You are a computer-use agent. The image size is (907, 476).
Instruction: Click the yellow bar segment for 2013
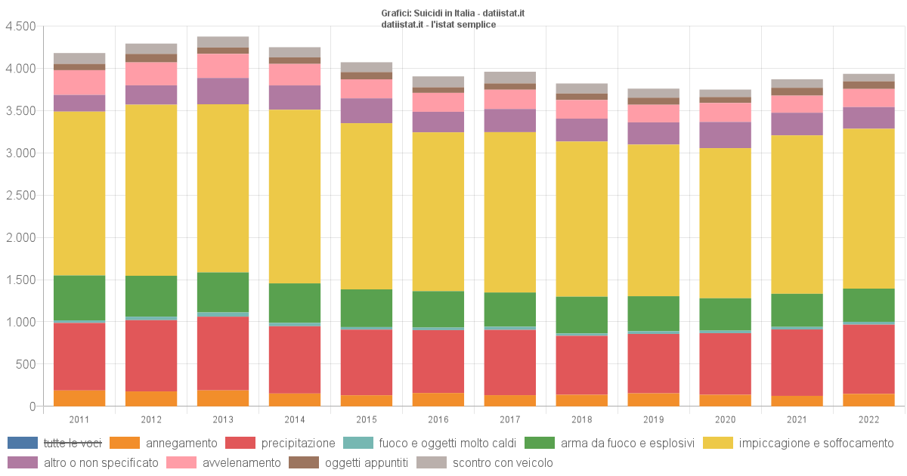click(223, 187)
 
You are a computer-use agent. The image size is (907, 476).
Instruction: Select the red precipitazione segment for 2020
click(725, 363)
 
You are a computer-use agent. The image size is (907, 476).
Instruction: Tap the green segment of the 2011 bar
click(79, 298)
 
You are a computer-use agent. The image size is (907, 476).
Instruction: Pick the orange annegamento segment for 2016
click(438, 400)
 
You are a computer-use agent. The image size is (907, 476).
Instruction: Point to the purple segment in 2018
click(581, 130)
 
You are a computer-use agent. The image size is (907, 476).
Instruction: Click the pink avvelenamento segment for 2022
click(868, 98)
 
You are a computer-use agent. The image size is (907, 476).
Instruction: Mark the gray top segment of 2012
click(151, 49)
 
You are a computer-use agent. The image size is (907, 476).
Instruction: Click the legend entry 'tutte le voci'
click(72, 443)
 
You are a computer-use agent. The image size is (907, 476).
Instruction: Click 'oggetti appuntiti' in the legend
click(366, 462)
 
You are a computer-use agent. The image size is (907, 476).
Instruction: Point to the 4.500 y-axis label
click(20, 26)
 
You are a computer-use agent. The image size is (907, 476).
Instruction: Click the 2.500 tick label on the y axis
click(20, 196)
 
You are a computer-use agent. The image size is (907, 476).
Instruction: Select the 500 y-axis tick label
click(26, 364)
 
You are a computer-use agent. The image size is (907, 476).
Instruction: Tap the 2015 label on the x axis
click(366, 419)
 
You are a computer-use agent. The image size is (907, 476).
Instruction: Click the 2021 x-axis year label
click(797, 419)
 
